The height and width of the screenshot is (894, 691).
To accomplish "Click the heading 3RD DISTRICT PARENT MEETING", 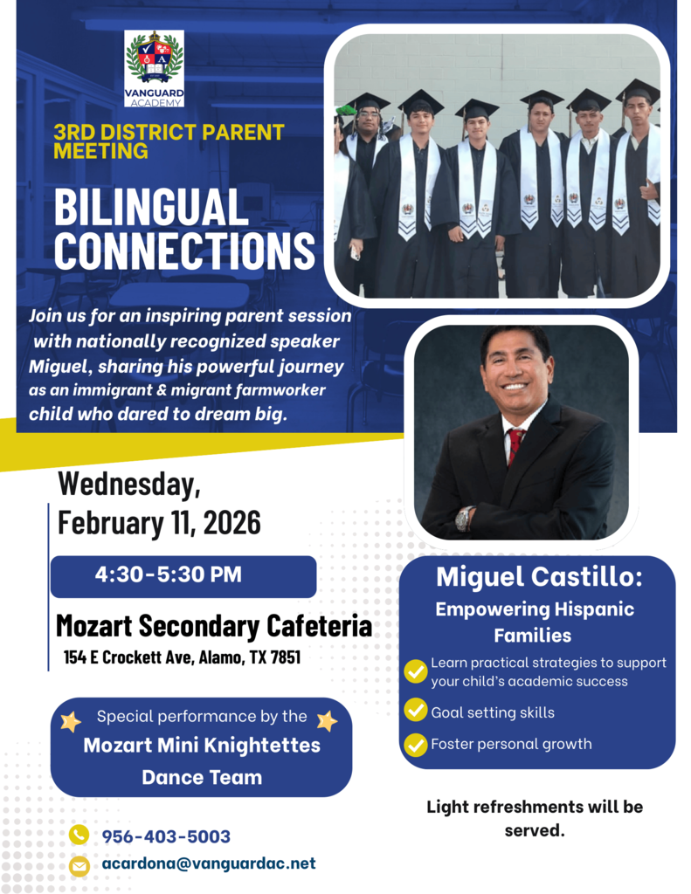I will (x=169, y=141).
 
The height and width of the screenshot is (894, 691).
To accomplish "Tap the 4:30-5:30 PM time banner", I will (x=183, y=576).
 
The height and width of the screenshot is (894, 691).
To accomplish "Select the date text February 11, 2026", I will (x=159, y=522).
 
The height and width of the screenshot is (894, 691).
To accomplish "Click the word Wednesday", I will (x=129, y=482).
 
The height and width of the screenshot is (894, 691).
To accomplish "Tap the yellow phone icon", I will (x=79, y=836).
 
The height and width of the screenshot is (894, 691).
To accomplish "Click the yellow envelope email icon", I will (x=79, y=865).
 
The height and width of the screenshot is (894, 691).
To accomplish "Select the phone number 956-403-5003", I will (x=166, y=836).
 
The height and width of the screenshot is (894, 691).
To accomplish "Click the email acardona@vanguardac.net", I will (x=208, y=864).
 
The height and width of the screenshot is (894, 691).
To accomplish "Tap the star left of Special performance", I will (x=70, y=721).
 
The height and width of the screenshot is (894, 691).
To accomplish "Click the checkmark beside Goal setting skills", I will (x=416, y=712).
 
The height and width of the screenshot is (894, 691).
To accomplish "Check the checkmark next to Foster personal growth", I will (x=416, y=745).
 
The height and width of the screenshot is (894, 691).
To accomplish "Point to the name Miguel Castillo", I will (x=539, y=577).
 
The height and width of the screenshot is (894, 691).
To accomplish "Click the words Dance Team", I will (x=202, y=776).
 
